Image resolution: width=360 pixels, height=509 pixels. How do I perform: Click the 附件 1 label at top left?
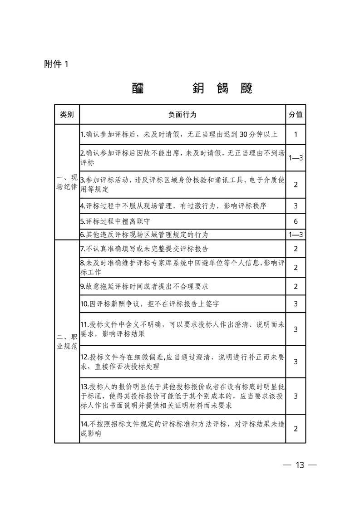pyautogui.click(x=56, y=64)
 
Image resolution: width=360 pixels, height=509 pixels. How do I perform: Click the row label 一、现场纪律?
pyautogui.click(x=67, y=182)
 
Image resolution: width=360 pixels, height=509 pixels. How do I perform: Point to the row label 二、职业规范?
pyautogui.click(x=67, y=341)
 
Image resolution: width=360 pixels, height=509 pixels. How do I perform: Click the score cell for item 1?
pyautogui.click(x=296, y=134)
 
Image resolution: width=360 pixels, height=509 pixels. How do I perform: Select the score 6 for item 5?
pyautogui.click(x=296, y=221)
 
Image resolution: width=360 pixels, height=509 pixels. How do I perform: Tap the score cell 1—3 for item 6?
pyautogui.click(x=296, y=235)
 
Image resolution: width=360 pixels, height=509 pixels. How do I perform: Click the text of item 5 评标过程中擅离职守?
pyautogui.click(x=119, y=222)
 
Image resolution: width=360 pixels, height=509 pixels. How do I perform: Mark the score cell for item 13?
pyautogui.click(x=296, y=396)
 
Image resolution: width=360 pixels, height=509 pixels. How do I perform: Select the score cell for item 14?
pyautogui.click(x=296, y=428)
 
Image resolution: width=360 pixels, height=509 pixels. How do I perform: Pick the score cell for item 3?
pyautogui.click(x=296, y=184)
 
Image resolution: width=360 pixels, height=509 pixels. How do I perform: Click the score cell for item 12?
pyautogui.click(x=296, y=362)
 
